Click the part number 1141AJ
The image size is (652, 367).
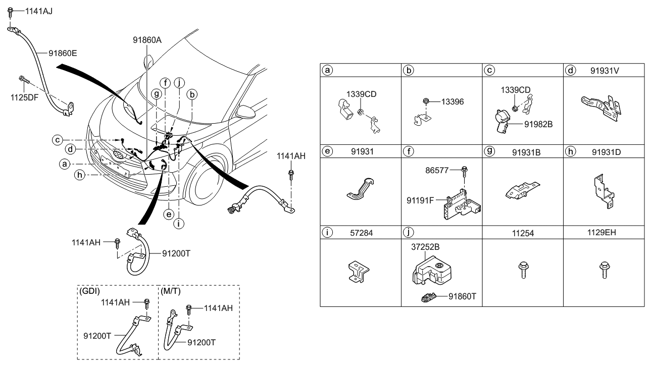coord(31,10)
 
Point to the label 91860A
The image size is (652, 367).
coord(147,40)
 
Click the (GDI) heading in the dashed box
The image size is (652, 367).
coord(89,291)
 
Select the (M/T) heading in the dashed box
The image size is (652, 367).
coord(170,291)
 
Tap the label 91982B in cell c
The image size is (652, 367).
coord(532,123)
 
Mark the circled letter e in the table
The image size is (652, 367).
coord(328,151)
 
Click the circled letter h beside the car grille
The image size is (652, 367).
coord(79,175)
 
